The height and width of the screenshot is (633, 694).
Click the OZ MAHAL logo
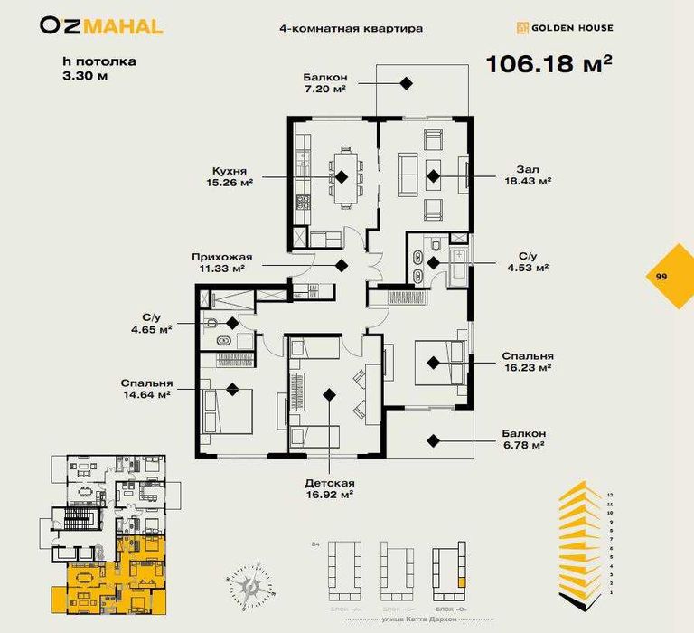101,26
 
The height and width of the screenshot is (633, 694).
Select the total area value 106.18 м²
549,64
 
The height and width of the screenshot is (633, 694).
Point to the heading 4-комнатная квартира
352,28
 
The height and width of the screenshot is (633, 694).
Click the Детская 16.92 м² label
329,488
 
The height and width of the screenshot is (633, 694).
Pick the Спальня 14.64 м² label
145,388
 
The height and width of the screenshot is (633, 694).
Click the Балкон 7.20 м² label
327,83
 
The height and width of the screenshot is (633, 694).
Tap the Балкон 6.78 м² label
519,439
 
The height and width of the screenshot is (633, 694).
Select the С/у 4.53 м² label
529,262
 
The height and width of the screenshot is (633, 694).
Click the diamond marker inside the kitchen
343,175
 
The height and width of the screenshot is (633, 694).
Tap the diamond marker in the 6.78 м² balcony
434,440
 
